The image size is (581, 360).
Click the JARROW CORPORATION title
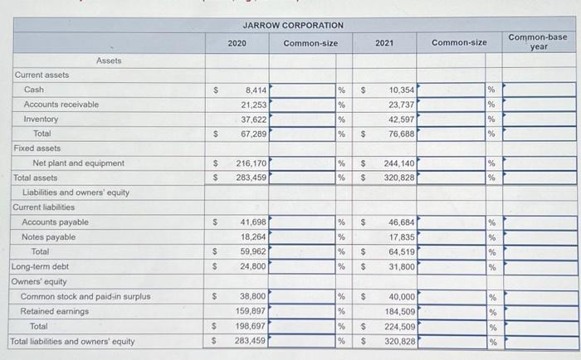[293, 26]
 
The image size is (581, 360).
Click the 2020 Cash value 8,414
[255, 90]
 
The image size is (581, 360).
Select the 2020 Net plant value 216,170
[251, 163]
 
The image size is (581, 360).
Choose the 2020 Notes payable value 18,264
[253, 237]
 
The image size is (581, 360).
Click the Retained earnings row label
[56, 311]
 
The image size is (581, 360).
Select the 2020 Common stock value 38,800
[253, 296]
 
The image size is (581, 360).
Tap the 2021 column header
[384, 41]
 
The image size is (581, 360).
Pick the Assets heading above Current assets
[109, 61]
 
